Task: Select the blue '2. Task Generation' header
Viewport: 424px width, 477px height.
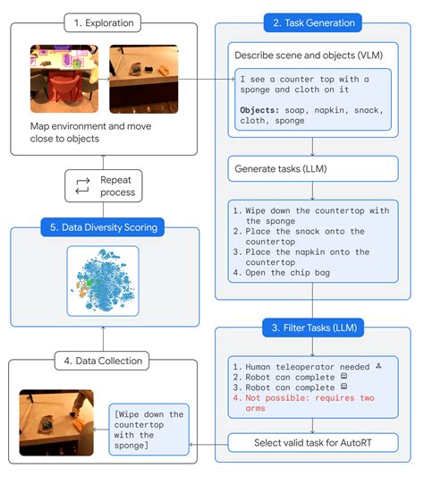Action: pos(311,22)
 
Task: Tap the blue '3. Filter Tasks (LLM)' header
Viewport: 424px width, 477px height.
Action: pos(311,328)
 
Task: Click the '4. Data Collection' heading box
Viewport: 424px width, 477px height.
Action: pos(103,361)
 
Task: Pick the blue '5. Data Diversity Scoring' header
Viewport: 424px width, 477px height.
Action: pos(103,227)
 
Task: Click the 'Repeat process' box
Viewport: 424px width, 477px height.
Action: pos(103,186)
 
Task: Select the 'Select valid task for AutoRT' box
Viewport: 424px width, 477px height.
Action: pos(312,442)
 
